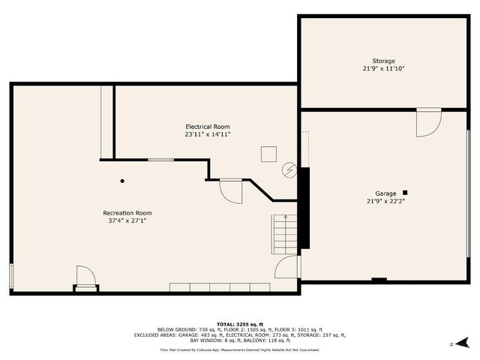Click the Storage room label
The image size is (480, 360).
pos(384,61)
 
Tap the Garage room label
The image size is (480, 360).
pos(386,193)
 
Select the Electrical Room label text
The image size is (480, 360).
pos(208,127)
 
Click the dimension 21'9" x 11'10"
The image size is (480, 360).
pos(384,69)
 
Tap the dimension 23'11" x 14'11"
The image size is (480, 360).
pos(208,135)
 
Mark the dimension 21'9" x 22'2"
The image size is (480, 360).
pos(386,201)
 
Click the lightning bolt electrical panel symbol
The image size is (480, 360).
pos(289,171)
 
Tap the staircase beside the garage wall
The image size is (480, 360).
pos(284,233)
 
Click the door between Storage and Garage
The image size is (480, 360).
pos(428,122)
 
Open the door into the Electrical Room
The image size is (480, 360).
pos(231,190)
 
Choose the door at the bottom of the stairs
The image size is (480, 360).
pos(287,267)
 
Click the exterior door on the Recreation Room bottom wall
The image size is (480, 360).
pos(85,277)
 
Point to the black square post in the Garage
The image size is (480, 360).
pos(405,191)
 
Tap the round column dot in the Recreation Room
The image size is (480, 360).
pos(122,181)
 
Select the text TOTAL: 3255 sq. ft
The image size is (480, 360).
pos(239,324)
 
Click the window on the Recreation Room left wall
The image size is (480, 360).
pos(11,276)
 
